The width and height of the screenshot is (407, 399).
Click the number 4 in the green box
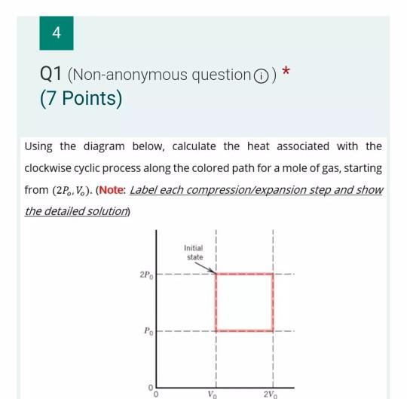click(57, 32)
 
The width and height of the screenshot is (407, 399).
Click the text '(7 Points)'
click(81, 99)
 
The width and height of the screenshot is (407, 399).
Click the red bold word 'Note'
click(111, 189)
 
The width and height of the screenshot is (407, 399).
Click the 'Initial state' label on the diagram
click(194, 253)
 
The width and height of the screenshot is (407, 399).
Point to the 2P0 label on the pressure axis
click(146, 275)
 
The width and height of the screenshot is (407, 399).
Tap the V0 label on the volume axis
click(215, 394)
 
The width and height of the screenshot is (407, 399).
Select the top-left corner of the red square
click(216, 275)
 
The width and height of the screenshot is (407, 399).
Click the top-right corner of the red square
click(272, 275)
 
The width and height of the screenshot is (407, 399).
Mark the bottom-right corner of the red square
click(272, 330)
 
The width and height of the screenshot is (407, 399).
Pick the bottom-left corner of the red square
click(216, 330)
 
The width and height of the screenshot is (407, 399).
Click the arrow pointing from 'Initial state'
click(209, 268)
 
